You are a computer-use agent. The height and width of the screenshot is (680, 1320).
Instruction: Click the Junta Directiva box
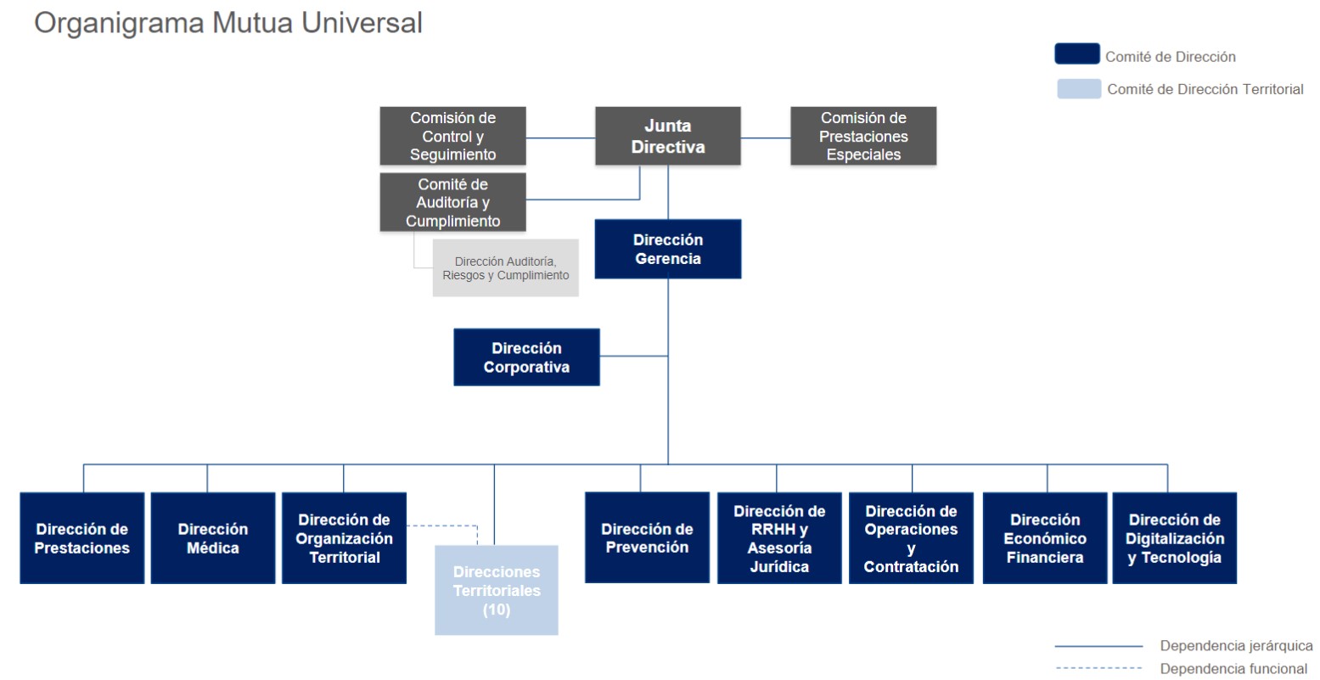(x=667, y=136)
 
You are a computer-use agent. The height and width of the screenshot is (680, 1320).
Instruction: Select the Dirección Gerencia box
(x=667, y=249)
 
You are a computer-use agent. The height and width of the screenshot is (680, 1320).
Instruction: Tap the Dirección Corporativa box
(x=526, y=357)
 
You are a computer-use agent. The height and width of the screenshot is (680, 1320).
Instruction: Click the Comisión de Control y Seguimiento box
(x=452, y=136)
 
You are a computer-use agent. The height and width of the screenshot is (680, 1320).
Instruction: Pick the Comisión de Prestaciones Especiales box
(x=863, y=136)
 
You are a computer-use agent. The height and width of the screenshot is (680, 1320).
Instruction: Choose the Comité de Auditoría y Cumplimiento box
(x=452, y=202)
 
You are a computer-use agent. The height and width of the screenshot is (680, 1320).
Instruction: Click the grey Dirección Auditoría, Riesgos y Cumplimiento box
(x=506, y=268)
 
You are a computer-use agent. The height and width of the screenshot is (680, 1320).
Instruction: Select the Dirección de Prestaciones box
(x=82, y=538)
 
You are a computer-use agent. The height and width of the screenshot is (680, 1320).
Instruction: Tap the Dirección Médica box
(x=212, y=538)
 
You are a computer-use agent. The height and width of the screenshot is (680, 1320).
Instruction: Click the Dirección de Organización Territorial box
(x=344, y=538)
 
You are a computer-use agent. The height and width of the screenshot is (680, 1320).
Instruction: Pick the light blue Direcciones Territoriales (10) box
(x=497, y=590)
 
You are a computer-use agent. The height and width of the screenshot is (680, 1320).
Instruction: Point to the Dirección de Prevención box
(x=647, y=538)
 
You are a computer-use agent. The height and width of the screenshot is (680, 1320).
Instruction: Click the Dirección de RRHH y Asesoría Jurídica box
(x=779, y=538)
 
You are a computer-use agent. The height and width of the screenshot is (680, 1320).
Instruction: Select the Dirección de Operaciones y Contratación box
(x=911, y=538)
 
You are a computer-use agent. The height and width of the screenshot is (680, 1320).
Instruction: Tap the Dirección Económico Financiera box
(x=1045, y=538)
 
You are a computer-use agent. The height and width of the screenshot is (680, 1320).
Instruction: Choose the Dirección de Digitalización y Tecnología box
(x=1175, y=538)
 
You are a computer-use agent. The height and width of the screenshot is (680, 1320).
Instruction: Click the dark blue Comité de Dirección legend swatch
(x=1077, y=54)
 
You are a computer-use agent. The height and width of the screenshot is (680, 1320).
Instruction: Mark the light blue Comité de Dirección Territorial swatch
(x=1079, y=88)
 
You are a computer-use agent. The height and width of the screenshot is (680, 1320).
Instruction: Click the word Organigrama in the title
(x=119, y=23)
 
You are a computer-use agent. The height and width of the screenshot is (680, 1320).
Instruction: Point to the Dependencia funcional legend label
(x=1233, y=669)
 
